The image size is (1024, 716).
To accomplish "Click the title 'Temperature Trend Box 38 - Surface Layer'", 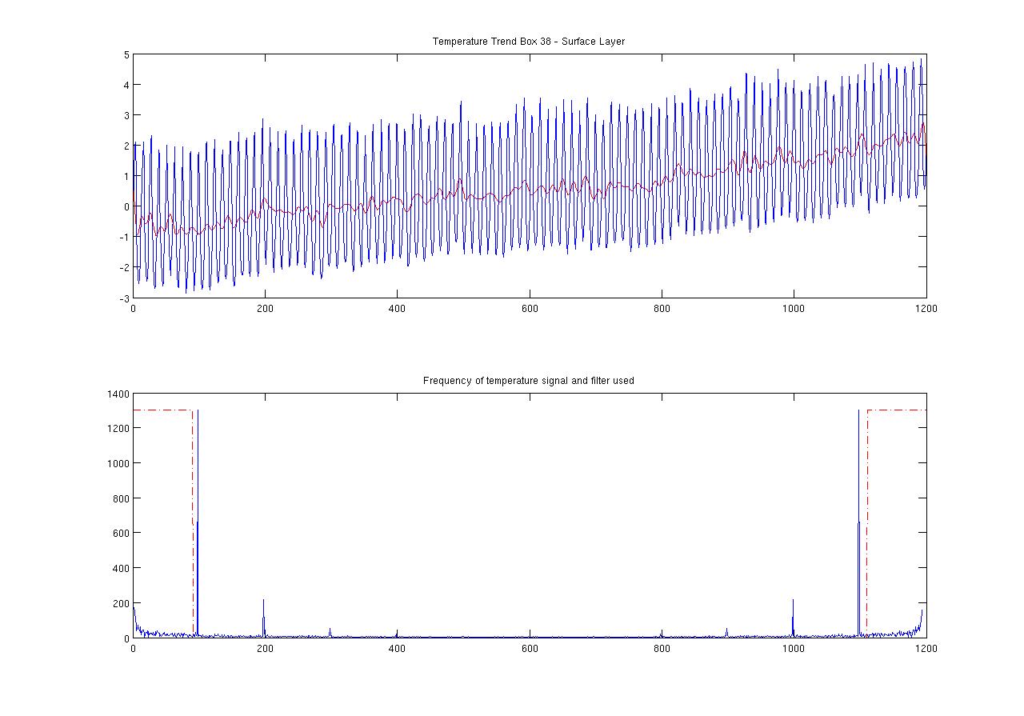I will [528, 42].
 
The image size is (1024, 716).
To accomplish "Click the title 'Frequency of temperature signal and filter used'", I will [528, 381].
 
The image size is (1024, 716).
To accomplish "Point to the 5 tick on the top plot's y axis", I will [126, 54].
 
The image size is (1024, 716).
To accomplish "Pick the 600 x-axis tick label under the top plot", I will [530, 308].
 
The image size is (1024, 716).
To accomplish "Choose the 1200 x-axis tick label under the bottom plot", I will [926, 649].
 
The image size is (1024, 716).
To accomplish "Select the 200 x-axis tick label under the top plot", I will [265, 308].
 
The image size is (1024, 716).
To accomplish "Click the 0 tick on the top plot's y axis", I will [126, 206].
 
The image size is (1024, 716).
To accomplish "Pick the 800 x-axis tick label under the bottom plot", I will [662, 649].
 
